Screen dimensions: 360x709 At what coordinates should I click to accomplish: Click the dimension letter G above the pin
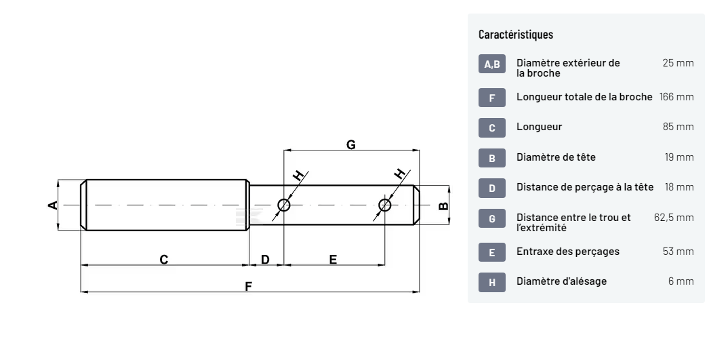350,144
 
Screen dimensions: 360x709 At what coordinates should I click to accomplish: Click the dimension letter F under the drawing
248,286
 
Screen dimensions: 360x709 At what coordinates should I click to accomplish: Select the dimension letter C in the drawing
163,260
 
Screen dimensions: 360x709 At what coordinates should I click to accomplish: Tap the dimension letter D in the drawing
265,260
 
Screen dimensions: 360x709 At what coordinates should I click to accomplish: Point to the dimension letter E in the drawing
333,260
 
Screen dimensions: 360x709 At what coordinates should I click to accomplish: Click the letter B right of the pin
443,205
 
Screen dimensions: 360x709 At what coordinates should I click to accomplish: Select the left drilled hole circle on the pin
284,205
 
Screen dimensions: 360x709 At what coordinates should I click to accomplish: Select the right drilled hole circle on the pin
385,205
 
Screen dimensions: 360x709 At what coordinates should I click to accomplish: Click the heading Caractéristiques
516,34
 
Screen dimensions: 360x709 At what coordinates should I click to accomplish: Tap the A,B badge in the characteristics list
492,65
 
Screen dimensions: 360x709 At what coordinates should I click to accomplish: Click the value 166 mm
676,97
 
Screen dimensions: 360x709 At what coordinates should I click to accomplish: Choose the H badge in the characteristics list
492,281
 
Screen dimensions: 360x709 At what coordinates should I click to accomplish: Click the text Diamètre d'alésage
562,281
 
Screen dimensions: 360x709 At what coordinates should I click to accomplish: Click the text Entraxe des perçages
568,252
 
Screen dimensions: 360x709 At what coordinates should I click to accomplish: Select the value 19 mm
679,157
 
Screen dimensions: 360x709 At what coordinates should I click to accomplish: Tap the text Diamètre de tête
556,157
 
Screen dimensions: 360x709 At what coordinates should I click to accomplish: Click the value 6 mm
681,281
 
